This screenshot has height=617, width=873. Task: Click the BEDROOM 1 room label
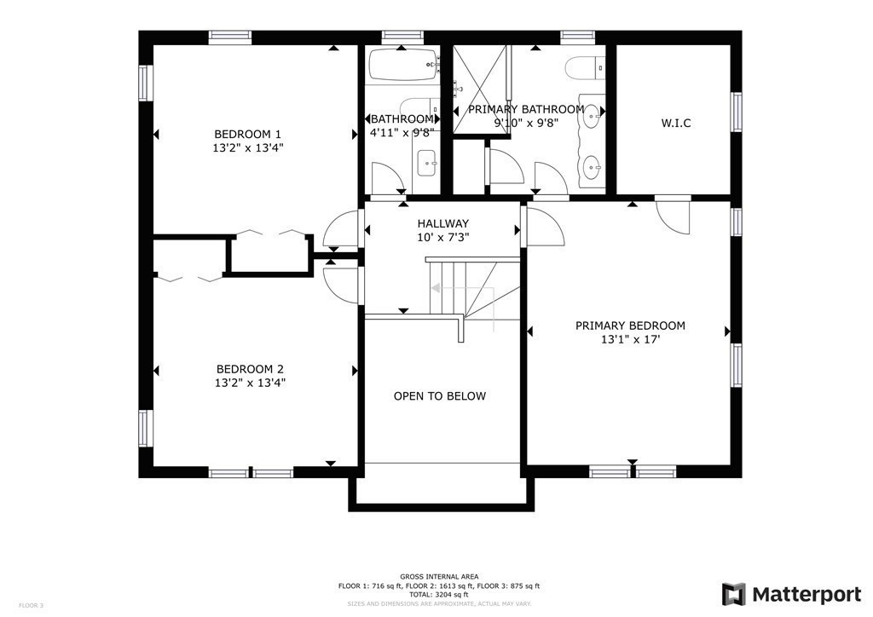pos(247,134)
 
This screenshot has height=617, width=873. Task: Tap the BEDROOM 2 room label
pos(249,369)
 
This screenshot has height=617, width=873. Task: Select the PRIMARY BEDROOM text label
pos(630,326)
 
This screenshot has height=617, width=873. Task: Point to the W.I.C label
pos(675,123)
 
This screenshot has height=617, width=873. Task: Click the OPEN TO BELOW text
pos(439,396)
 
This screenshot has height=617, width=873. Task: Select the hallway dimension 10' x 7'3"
pos(442,237)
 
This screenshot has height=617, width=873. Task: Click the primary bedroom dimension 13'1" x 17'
pos(630,339)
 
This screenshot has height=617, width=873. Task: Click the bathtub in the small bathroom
pos(402,65)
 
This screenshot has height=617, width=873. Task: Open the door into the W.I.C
pos(675,215)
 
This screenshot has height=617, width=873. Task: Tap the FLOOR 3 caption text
pos(31,605)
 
